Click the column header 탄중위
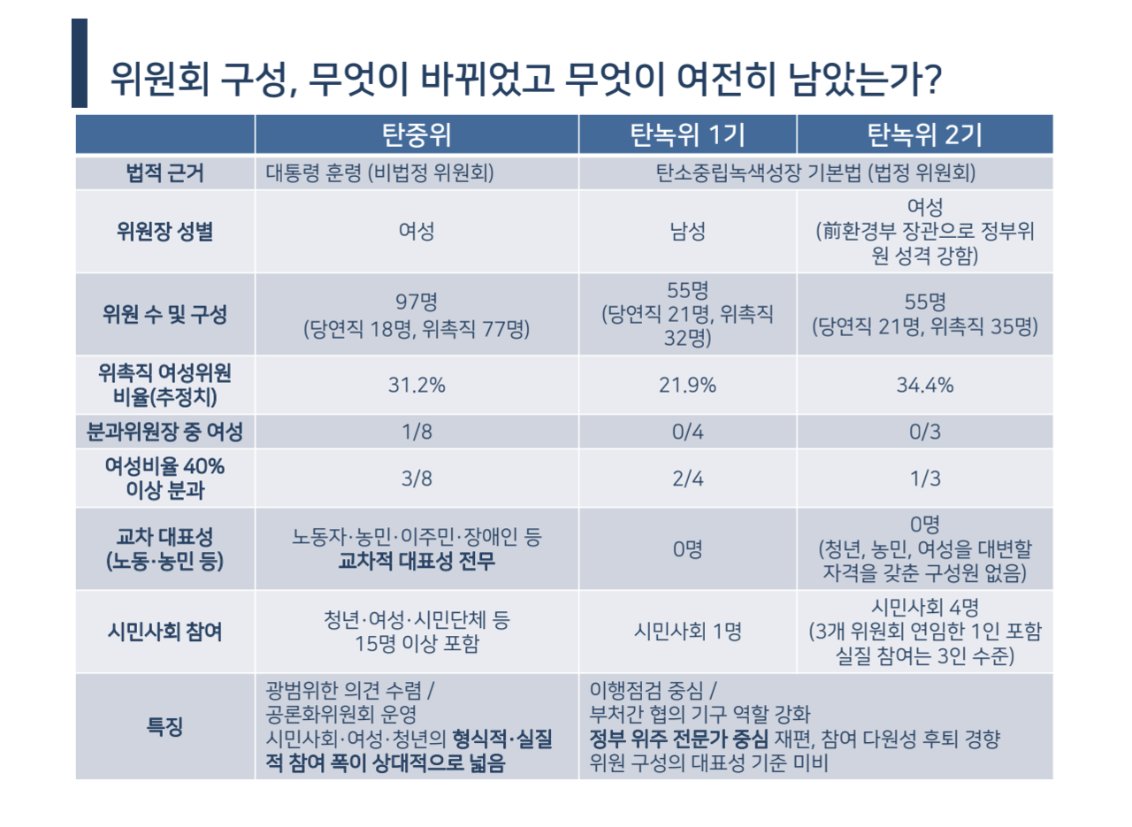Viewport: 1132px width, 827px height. [417, 134]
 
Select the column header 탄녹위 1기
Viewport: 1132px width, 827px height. [687, 134]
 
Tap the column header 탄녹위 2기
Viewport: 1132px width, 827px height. [924, 134]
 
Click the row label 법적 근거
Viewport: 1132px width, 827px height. [165, 173]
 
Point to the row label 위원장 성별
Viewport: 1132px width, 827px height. [165, 232]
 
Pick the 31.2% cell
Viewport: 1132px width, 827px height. [417, 386]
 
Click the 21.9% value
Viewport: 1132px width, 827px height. [687, 386]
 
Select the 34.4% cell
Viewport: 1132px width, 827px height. [924, 386]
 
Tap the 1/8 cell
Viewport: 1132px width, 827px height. [417, 433]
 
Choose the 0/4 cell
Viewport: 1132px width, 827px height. [687, 433]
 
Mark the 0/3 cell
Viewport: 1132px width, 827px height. [924, 433]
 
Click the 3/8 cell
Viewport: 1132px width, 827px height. [417, 479]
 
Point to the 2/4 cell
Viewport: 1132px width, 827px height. [687, 479]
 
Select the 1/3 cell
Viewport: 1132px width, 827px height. [924, 479]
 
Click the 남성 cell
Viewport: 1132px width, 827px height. [687, 232]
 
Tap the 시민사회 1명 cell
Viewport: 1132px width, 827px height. [687, 632]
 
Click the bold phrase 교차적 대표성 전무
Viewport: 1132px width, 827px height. [417, 561]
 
